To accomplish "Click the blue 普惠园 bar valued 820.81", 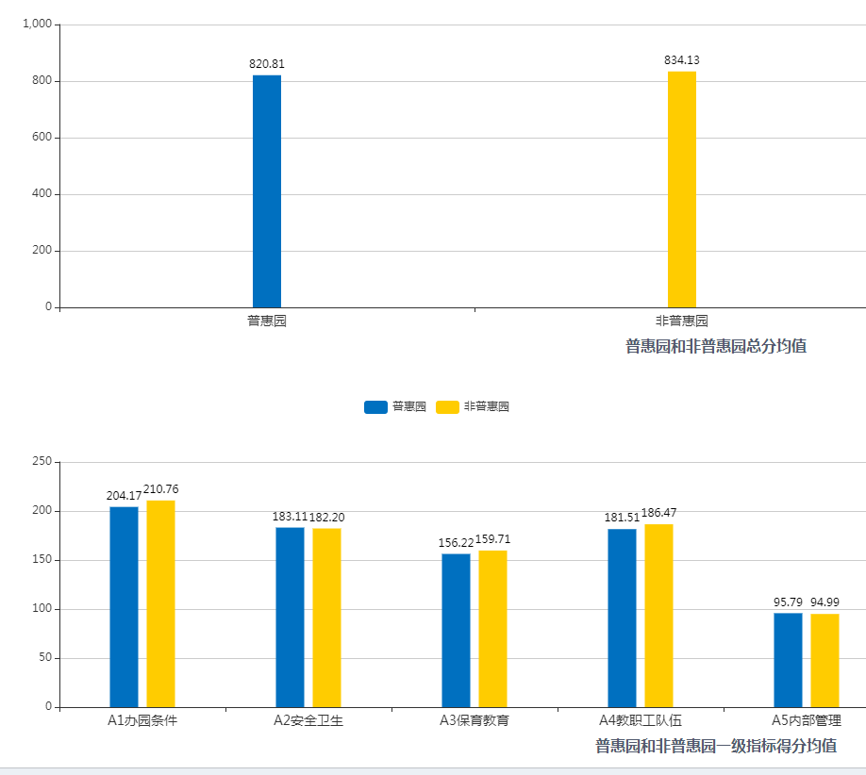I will coord(267,190).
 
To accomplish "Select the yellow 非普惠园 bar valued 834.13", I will coord(682,189).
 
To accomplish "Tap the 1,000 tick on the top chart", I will coord(36,25).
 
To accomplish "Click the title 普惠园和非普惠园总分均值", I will coord(716,346).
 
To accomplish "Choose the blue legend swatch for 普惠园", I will coord(375,407).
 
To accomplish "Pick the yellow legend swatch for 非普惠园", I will coord(447,407).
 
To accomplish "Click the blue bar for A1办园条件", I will coord(124,606).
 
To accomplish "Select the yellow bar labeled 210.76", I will coord(160,603).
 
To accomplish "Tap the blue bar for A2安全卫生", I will coord(290,617).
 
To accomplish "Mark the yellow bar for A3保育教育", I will coord(492,628).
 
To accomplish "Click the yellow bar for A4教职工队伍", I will coord(658,615).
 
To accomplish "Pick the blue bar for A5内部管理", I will coord(788,660).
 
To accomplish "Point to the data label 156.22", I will coord(456,543).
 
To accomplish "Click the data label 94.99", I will coord(824,602).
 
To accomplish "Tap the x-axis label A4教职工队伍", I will coord(641,721).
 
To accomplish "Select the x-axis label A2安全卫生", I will coord(308,721).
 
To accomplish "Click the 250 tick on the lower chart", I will coord(42,462).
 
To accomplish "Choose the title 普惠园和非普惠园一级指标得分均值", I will coord(716,746).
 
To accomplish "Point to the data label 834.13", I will coord(682,60).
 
